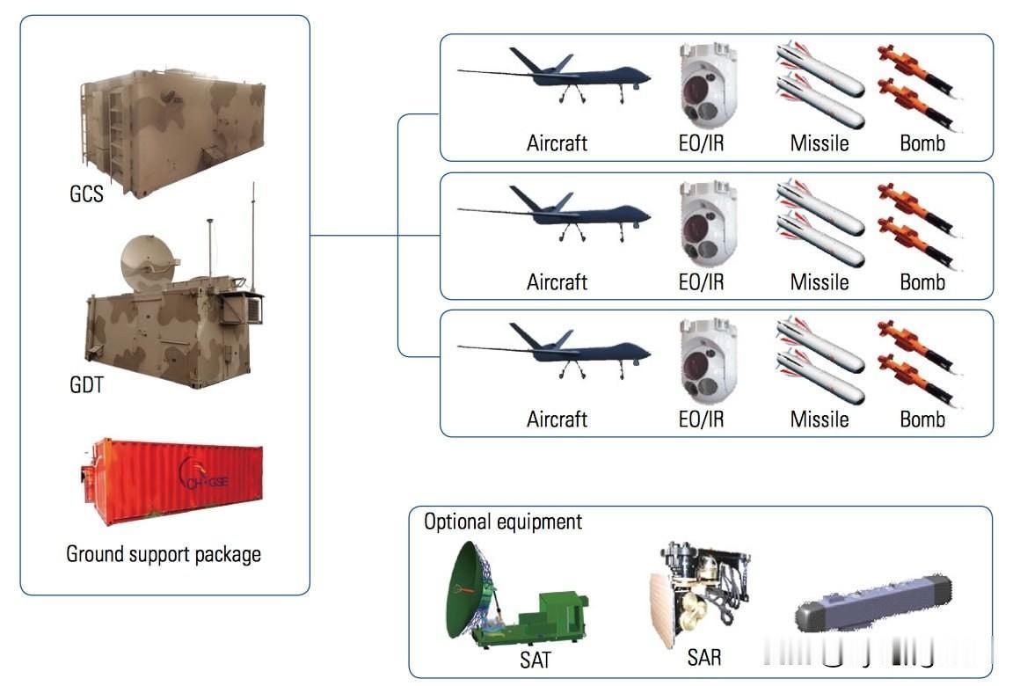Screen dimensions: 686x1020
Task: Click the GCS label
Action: click(x=86, y=193)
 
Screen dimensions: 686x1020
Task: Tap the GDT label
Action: click(x=86, y=384)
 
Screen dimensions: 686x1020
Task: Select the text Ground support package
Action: click(x=164, y=554)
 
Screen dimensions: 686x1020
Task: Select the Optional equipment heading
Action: click(x=503, y=522)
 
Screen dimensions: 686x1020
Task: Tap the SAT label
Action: click(x=535, y=658)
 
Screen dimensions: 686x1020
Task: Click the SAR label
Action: click(x=703, y=656)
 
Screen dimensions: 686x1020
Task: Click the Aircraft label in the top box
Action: click(x=557, y=143)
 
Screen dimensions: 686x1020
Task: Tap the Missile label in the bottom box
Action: click(x=820, y=420)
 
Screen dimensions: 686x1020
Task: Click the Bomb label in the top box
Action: click(x=922, y=143)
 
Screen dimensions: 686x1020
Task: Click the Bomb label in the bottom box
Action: click(x=922, y=420)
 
